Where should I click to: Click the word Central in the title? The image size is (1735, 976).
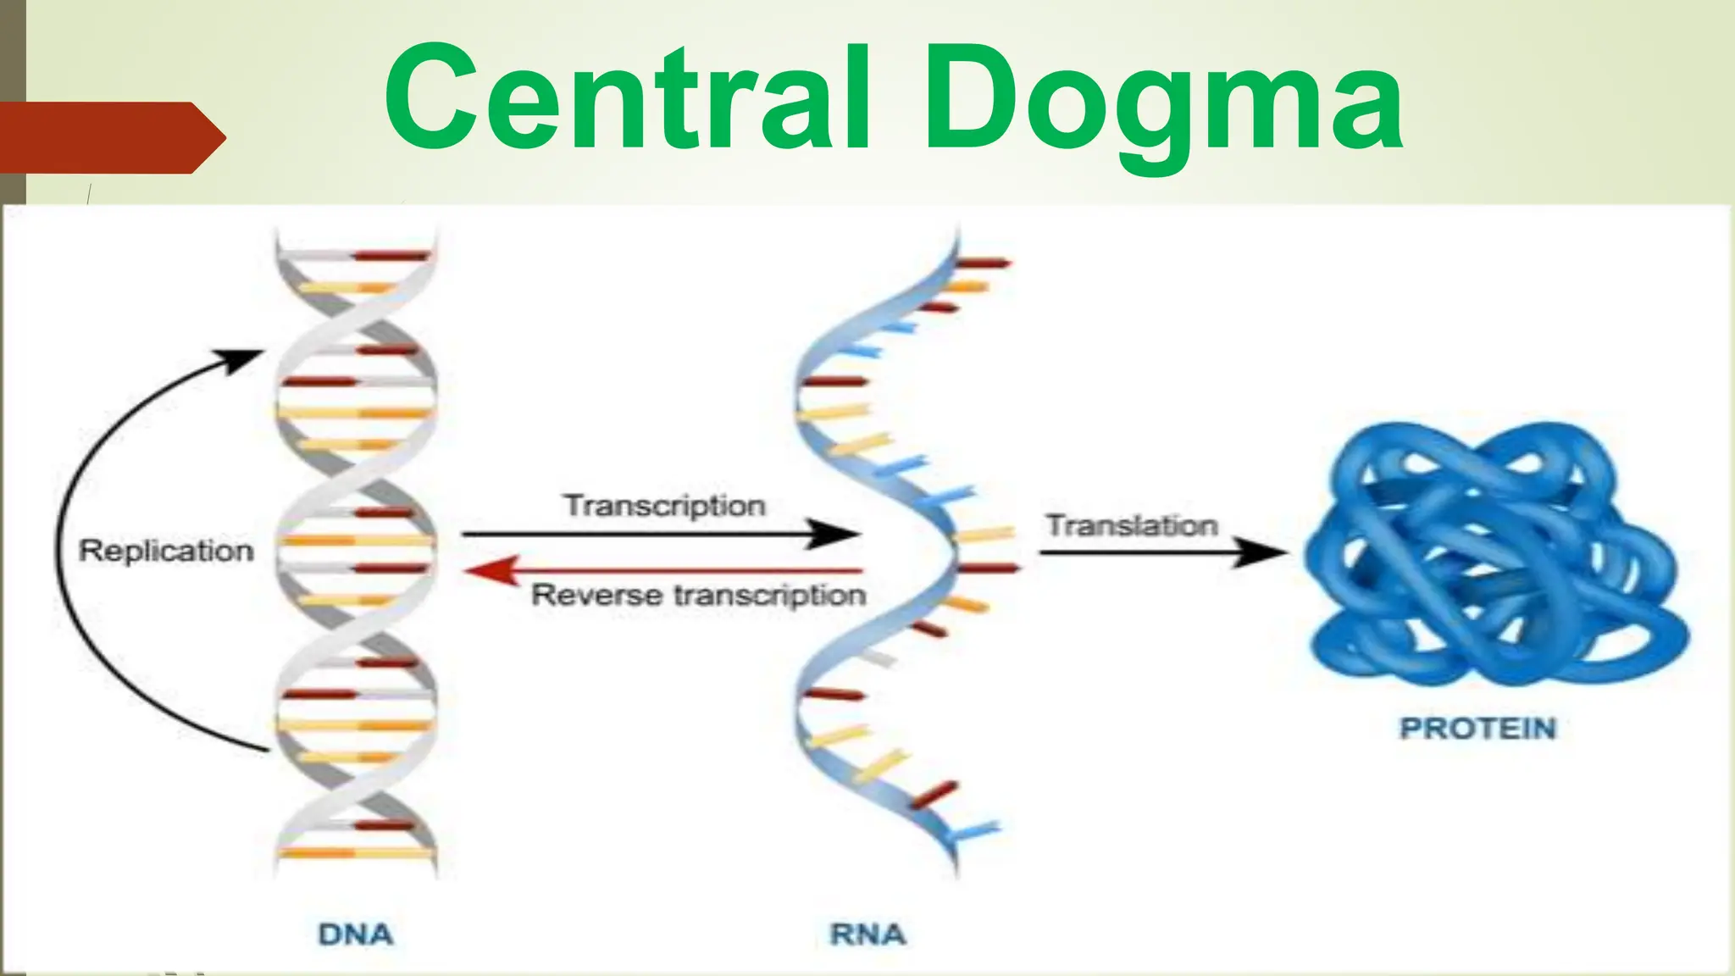point(627,97)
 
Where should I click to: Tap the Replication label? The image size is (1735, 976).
point(166,551)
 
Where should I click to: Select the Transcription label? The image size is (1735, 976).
point(664,506)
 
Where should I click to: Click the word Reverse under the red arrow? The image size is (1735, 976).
point(596,595)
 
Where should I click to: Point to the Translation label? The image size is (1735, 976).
point(1132,525)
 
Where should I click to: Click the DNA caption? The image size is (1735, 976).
point(356,934)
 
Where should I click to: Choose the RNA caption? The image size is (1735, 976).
point(867,934)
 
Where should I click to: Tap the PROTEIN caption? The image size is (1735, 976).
point(1477,729)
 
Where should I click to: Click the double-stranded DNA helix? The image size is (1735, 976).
point(356,551)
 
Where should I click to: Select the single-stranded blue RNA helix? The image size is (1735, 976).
point(881,551)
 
